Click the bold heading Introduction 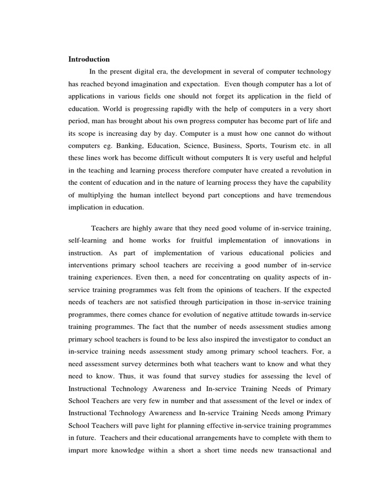89,59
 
